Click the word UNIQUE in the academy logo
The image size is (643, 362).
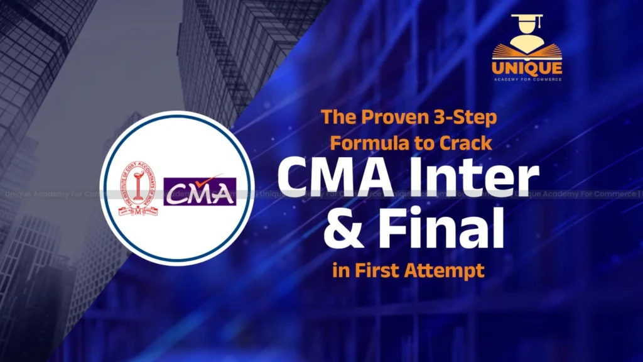(527, 68)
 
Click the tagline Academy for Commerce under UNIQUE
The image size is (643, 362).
(527, 79)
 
